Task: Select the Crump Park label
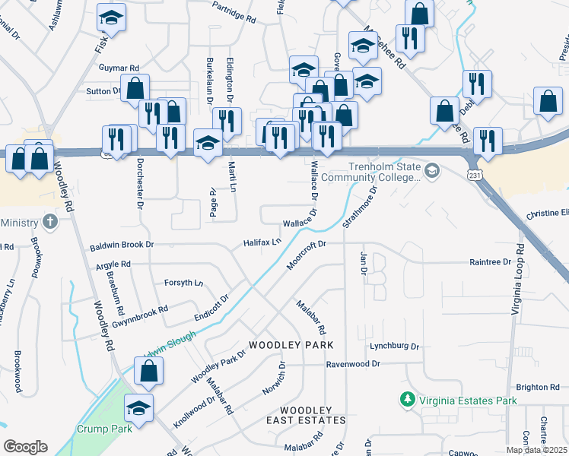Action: (x=103, y=429)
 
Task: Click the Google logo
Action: (x=25, y=446)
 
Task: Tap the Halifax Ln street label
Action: (x=262, y=242)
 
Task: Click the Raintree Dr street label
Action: (x=491, y=261)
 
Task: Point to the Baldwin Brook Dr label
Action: (x=122, y=245)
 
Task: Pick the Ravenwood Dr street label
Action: (x=353, y=364)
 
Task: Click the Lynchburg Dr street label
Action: (x=395, y=346)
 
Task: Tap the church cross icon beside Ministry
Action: (x=50, y=222)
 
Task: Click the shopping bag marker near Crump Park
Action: (x=149, y=370)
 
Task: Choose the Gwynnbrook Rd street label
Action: (x=139, y=318)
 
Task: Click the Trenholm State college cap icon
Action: (x=432, y=169)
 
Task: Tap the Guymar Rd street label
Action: (x=119, y=68)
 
